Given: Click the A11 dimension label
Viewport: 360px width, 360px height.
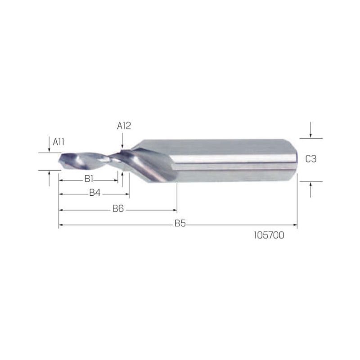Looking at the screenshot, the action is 58,142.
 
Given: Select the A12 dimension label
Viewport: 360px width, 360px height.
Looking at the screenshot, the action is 124,126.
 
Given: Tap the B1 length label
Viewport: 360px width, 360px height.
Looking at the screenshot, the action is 89,179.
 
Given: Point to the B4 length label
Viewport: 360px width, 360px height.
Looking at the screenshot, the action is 95,193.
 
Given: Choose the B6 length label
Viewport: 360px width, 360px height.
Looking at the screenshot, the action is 118,209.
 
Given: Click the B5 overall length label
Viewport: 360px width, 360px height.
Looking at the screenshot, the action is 180,223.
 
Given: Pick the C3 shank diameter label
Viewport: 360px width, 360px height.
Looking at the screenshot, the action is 311,159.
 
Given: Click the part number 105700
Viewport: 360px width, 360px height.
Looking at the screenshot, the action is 269,235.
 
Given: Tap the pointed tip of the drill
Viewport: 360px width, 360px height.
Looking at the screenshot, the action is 59,161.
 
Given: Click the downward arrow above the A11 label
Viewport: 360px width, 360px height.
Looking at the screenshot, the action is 49,144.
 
